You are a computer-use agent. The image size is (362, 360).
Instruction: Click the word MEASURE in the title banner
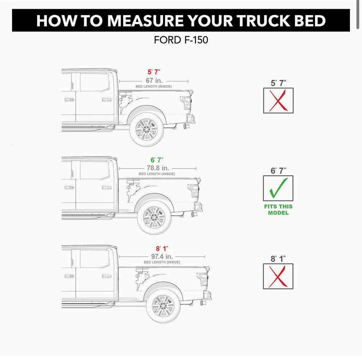[x=145, y=21]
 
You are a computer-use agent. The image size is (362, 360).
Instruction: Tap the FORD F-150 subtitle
[x=181, y=40]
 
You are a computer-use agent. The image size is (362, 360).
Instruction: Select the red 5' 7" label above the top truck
[x=154, y=72]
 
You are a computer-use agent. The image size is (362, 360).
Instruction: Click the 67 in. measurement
[x=154, y=81]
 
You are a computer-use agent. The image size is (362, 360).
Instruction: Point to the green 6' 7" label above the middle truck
[x=157, y=160]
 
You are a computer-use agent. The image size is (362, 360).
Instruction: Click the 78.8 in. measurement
[x=158, y=168]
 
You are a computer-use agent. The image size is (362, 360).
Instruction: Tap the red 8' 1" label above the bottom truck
[x=162, y=249]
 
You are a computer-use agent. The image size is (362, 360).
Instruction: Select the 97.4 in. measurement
[x=162, y=256]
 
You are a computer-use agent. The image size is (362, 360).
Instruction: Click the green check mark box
[x=278, y=188]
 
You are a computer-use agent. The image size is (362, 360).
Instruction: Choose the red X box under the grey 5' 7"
[x=279, y=100]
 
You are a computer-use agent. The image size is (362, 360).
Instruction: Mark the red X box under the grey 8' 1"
[x=278, y=276]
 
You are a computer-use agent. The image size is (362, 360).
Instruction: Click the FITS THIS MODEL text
[x=279, y=210]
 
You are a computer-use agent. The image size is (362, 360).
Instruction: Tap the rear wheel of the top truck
[x=147, y=129]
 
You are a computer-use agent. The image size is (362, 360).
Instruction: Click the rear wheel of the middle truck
[x=154, y=217]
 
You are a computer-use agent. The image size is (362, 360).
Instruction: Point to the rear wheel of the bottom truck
[x=163, y=306]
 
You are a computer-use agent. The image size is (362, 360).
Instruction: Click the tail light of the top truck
[x=186, y=103]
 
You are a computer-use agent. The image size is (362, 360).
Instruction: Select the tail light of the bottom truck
[x=202, y=279]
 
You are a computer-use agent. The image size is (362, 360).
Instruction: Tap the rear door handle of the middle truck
[x=106, y=187]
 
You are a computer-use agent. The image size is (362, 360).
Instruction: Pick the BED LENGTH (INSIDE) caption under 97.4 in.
[x=162, y=262]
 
